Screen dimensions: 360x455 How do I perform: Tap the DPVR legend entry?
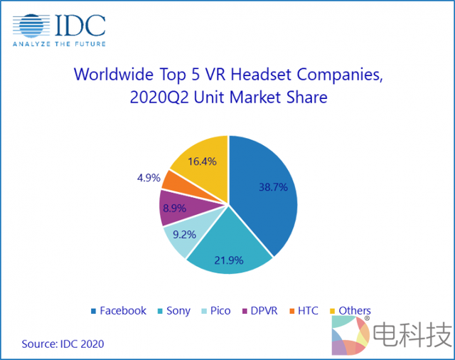[x=262, y=311]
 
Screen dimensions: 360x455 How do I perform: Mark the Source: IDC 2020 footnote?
[x=63, y=344]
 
